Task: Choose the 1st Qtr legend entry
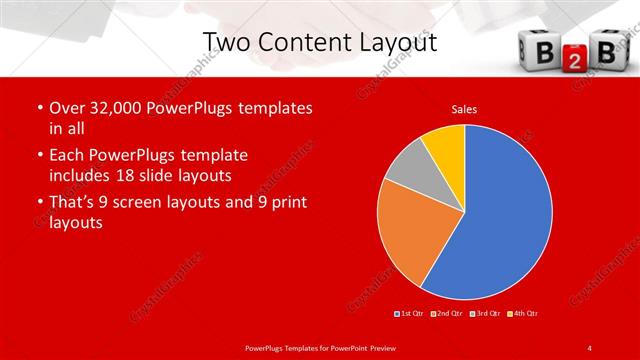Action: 410,314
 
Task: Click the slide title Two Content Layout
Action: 320,42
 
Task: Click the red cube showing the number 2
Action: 567,60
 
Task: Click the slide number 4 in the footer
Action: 589,347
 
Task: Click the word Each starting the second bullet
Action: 67,155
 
